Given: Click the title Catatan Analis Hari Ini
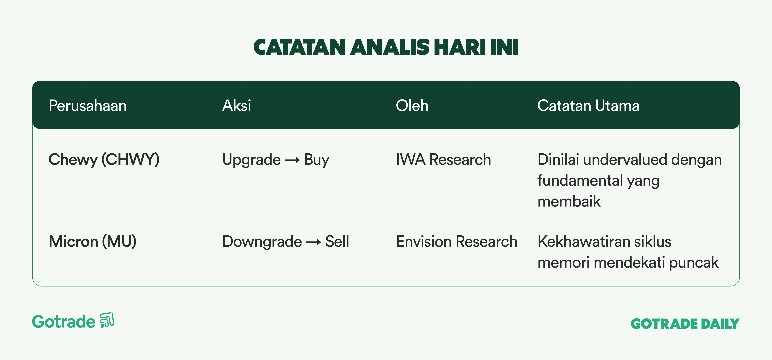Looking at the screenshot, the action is pos(386,47).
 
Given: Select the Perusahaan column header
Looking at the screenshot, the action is pos(88,106).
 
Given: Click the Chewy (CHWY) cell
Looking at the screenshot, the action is pos(104,160).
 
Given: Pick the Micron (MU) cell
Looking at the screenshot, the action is pos(92,241).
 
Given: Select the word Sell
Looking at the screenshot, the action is pos(337,241).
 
